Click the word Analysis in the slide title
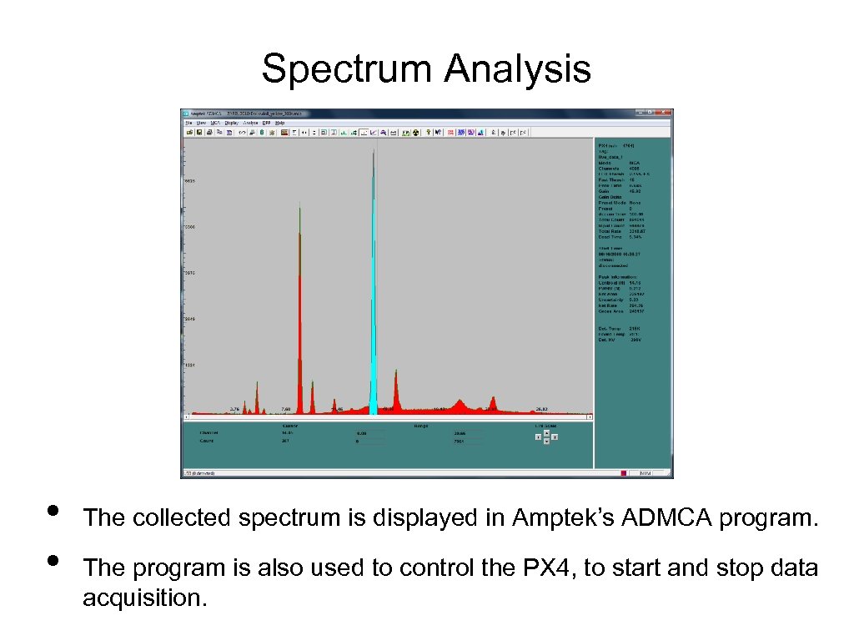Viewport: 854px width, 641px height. [517, 69]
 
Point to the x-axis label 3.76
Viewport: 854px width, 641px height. [235, 409]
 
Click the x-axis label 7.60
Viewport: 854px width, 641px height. [285, 409]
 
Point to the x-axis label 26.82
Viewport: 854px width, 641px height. [541, 409]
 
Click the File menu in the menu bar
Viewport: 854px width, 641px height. [189, 123]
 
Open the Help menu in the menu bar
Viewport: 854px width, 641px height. [279, 123]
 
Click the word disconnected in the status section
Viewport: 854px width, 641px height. [614, 265]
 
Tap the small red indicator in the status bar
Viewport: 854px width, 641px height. [622, 473]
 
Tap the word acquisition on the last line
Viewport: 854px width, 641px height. [143, 598]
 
